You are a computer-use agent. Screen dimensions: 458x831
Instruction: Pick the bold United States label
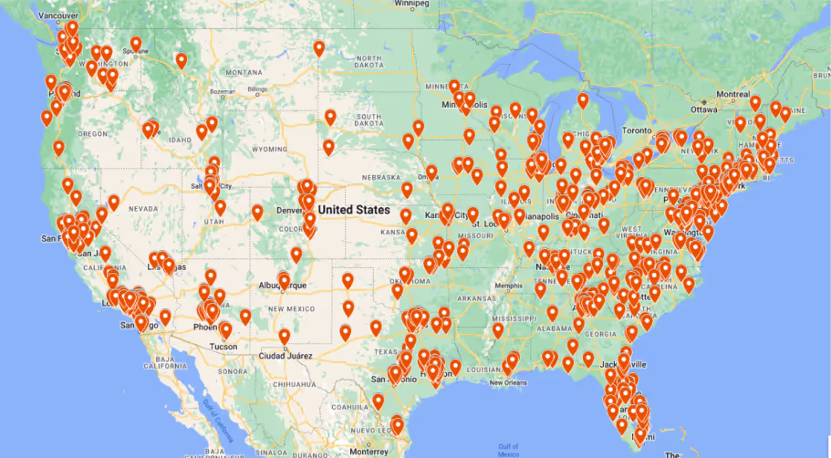(x=354, y=209)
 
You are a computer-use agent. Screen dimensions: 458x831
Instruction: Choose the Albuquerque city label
(x=284, y=286)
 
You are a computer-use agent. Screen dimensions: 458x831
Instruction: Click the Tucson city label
(x=223, y=347)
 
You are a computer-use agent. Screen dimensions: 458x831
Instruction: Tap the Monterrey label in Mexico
(x=369, y=451)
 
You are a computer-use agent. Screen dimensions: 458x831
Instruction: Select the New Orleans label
(x=509, y=382)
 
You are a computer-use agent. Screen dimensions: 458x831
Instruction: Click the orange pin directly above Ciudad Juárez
(x=285, y=337)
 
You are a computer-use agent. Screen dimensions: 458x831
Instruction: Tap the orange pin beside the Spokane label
(x=136, y=43)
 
